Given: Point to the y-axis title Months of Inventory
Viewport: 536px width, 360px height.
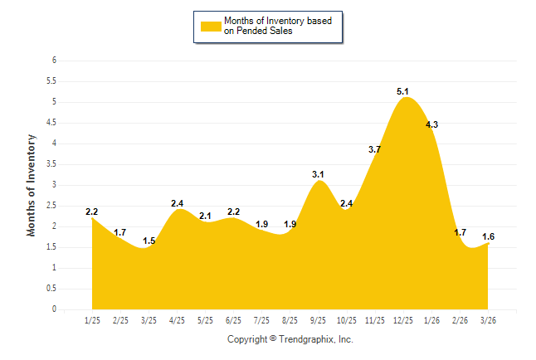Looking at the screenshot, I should pos(32,185).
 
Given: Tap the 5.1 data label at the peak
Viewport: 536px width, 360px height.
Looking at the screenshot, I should pos(403,91).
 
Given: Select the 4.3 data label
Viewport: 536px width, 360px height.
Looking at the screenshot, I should pos(431,124).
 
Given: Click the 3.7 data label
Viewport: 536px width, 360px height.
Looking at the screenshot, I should pos(374,149).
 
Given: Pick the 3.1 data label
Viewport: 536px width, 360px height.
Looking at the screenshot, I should pos(318,174).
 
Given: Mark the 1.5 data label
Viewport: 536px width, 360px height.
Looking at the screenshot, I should pos(149,241).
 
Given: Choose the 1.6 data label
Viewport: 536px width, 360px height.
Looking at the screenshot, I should pos(489,236).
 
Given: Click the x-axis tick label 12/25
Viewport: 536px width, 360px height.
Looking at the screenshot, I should pos(403,320).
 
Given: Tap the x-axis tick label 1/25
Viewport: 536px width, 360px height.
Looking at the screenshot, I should pos(92,320).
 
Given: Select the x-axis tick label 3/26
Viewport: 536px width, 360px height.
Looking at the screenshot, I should pos(489,320).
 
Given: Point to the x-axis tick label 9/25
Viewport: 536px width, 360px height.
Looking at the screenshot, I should pos(319,320).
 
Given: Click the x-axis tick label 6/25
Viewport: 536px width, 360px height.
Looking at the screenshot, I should pos(233,320).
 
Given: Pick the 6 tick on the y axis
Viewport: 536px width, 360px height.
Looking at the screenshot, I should pos(54,61).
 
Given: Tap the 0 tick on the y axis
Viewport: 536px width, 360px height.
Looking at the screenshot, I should pos(54,309).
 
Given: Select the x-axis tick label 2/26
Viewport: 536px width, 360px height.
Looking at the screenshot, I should pos(460,320).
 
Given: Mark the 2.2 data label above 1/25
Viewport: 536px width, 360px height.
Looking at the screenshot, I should pos(92,212).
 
